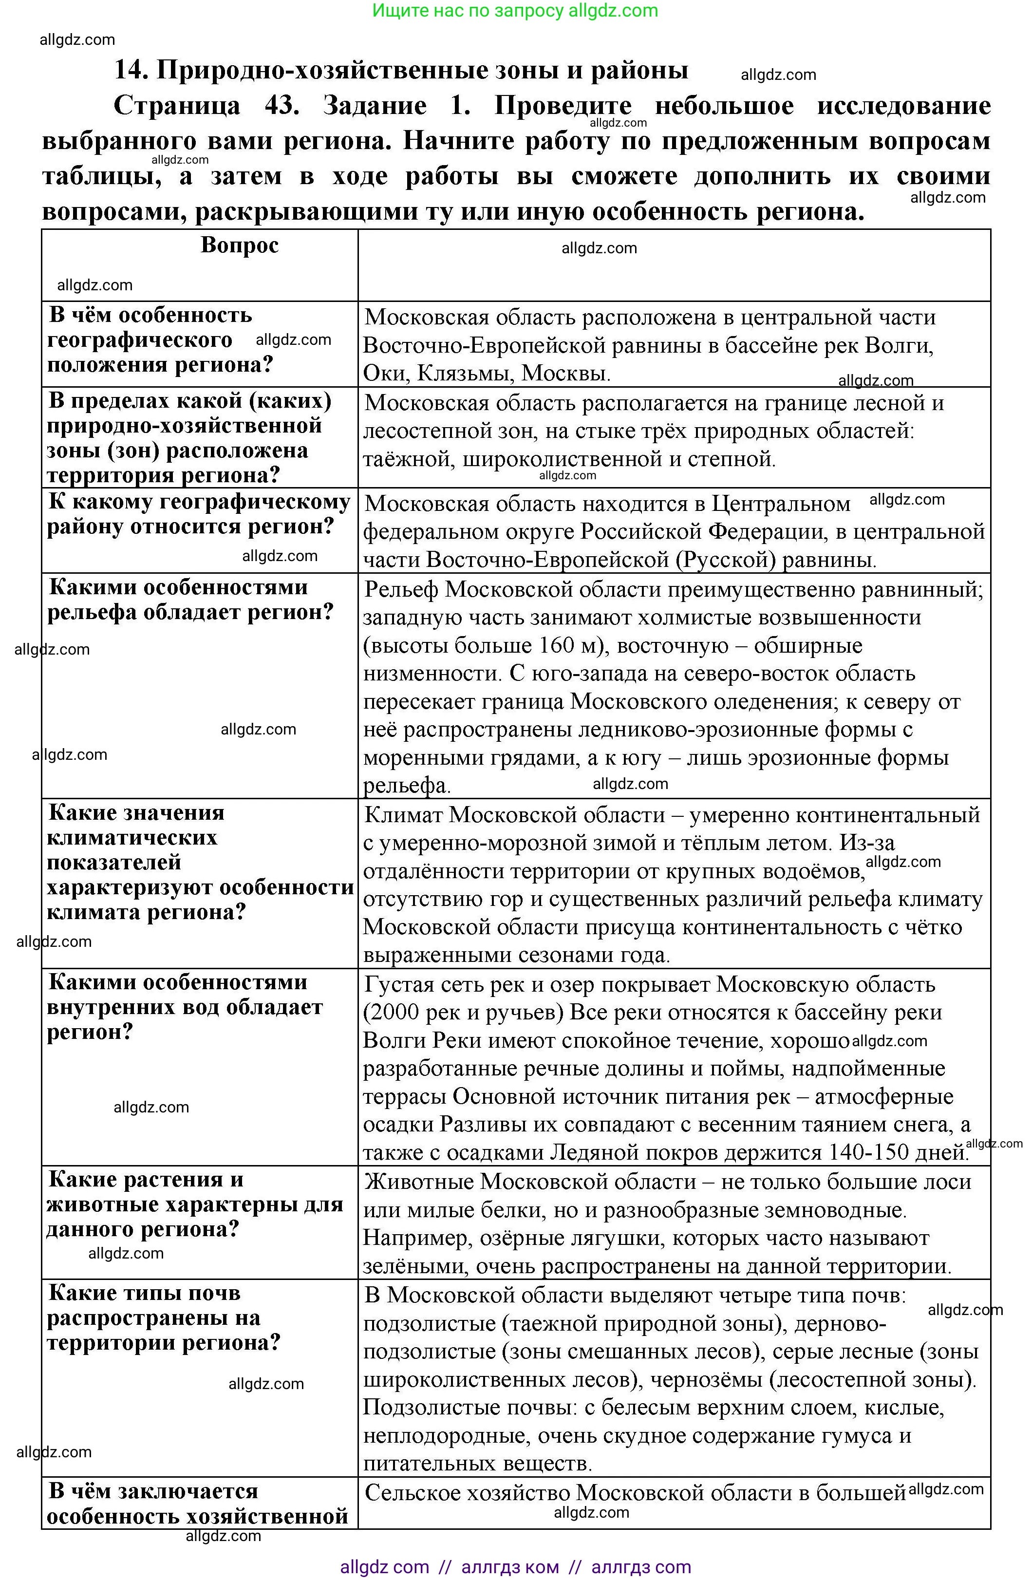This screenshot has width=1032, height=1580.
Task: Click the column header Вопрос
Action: [239, 245]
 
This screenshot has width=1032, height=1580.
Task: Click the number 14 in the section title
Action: [131, 70]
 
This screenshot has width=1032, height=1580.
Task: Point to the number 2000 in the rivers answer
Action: [395, 1013]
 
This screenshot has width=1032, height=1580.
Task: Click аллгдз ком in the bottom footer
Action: [510, 1567]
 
